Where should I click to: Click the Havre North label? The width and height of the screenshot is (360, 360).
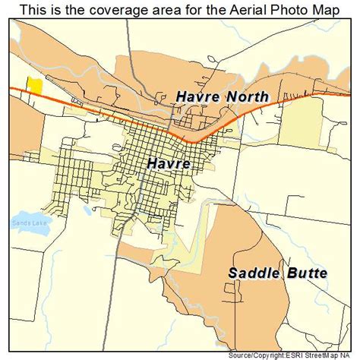(x=221, y=96)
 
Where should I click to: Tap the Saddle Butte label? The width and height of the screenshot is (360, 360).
(x=277, y=272)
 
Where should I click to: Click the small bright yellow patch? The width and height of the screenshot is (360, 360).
(x=33, y=84)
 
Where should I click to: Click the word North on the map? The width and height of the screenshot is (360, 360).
(x=246, y=96)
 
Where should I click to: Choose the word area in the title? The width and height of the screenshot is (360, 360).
(x=156, y=9)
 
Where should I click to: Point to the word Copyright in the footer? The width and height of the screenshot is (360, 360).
(x=276, y=355)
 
